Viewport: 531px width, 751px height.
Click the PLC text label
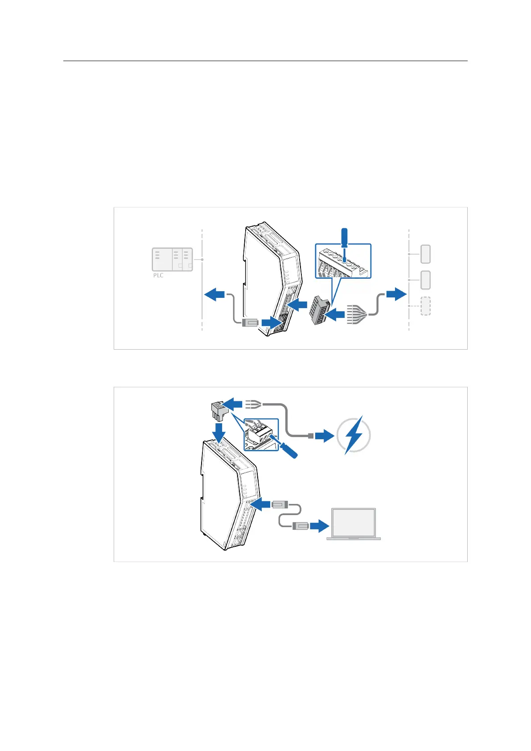coord(158,275)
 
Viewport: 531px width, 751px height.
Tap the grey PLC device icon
coord(173,259)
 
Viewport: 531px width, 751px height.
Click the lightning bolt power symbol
coord(354,435)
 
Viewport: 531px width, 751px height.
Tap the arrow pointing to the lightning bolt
coord(325,435)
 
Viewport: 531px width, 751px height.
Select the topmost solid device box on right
coord(426,254)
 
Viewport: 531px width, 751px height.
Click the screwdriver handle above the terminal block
coord(344,237)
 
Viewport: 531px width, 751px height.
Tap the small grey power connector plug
coord(218,409)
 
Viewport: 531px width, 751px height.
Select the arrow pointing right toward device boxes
coord(396,294)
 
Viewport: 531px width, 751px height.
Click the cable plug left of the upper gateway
coord(250,322)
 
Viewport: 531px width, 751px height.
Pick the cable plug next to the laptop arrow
coord(301,526)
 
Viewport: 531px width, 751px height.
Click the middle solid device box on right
coord(426,280)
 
